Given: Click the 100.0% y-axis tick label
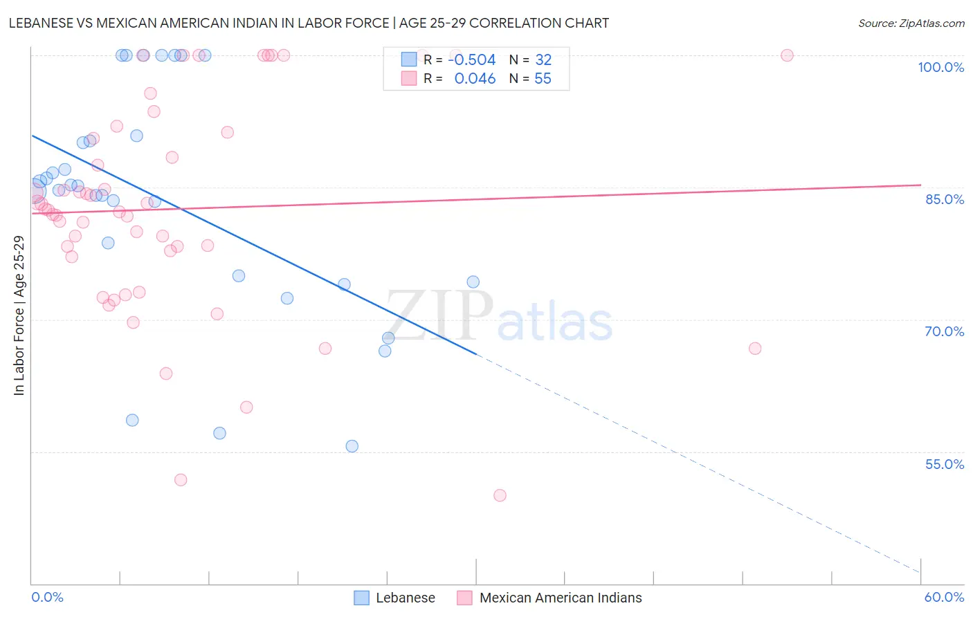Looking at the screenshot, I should point(940,67).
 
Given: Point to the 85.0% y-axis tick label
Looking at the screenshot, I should point(945,199).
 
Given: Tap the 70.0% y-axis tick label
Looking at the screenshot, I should point(944,331).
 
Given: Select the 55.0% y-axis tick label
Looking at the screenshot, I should point(944,464).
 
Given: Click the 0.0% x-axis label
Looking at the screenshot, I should point(47,597).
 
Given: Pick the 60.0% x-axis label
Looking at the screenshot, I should point(944,597).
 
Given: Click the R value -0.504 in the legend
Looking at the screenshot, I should point(472,59).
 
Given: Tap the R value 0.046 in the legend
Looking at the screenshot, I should point(475,79).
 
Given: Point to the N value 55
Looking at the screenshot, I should point(543,79).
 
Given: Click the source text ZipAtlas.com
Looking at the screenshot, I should point(911,23).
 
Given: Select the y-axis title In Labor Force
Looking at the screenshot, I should point(19,315).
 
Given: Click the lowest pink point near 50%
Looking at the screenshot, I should point(500,495).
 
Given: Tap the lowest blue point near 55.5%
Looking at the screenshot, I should point(352,446).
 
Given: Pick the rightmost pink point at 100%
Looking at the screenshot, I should point(787,55).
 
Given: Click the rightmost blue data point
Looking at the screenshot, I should point(473,282).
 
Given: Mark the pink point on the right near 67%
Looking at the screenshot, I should point(755,348).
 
